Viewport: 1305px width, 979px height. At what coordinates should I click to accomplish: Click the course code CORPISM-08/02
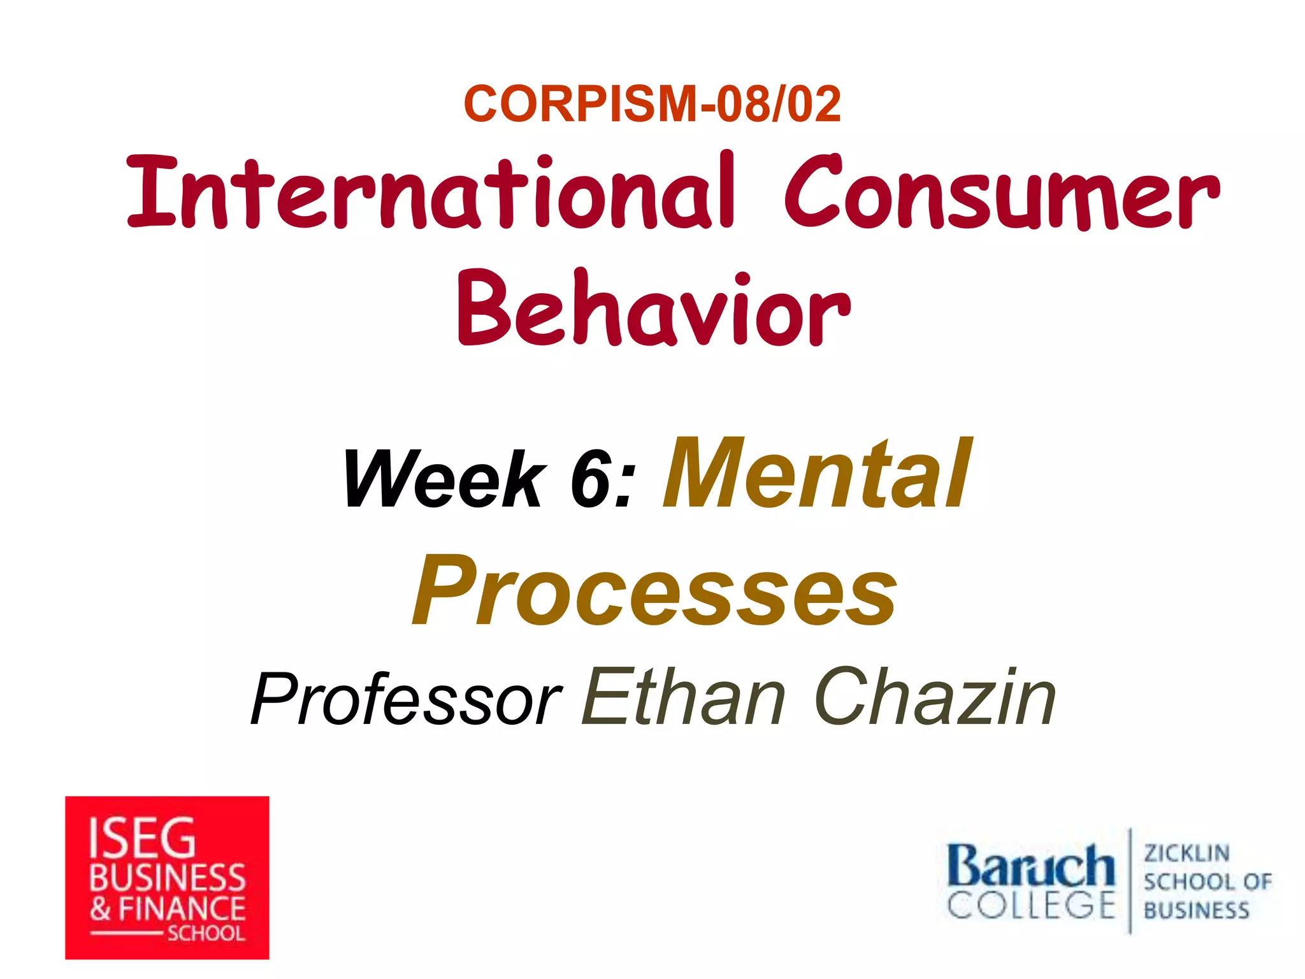point(652,104)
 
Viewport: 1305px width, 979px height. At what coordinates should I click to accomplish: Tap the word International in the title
point(431,192)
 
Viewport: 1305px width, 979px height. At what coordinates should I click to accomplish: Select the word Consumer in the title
point(1001,192)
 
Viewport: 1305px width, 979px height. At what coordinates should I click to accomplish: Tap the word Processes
point(654,591)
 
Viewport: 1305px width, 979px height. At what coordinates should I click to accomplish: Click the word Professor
point(406,700)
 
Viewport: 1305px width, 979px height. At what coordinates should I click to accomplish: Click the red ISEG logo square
point(167,877)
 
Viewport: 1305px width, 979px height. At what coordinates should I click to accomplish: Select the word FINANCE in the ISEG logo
point(182,909)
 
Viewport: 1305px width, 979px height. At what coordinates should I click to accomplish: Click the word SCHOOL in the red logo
point(206,934)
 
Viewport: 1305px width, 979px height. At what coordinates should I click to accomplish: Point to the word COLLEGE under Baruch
point(1030,905)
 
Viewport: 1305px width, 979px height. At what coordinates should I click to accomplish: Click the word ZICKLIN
point(1186,853)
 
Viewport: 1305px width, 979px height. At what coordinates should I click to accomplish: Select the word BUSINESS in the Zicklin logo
point(1196,910)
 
